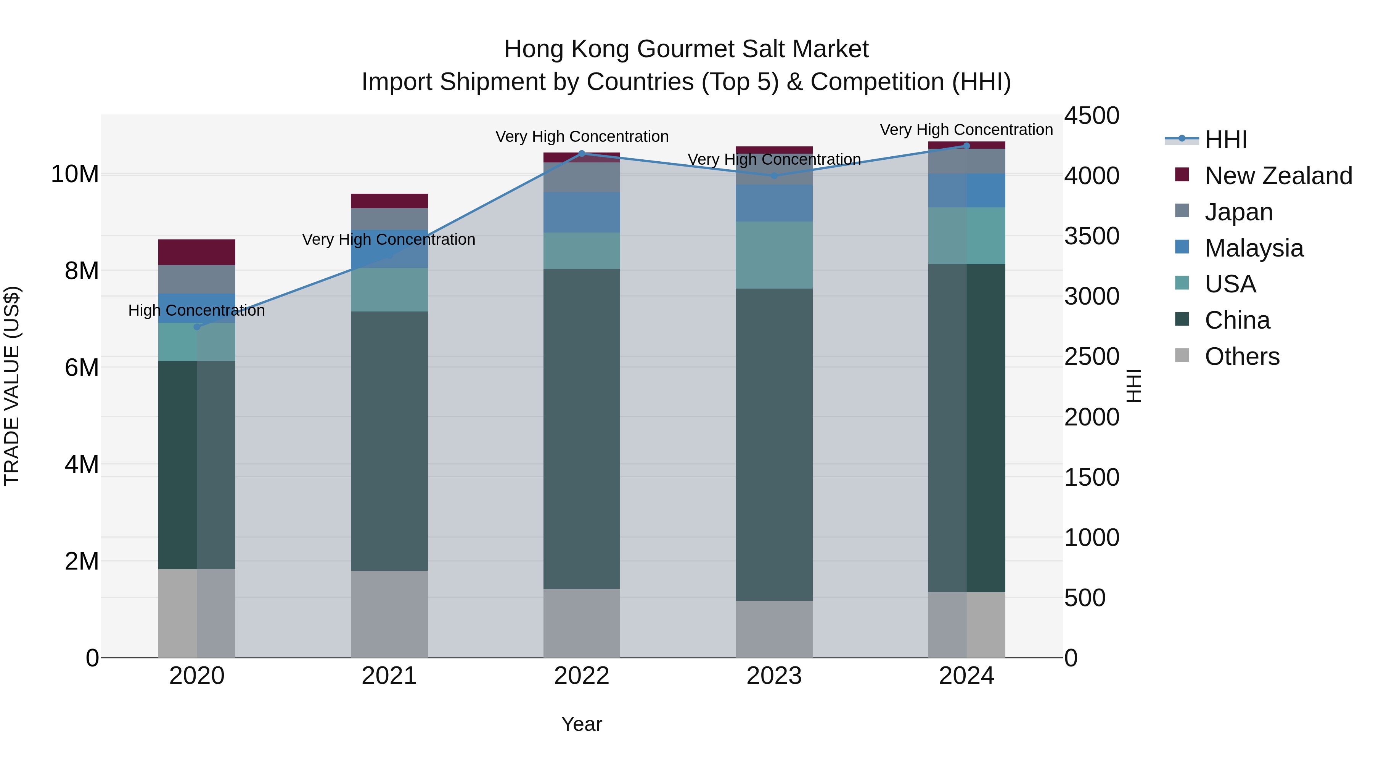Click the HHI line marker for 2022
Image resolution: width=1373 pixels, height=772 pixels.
(x=582, y=153)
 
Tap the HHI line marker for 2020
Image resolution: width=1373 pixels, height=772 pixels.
(x=197, y=327)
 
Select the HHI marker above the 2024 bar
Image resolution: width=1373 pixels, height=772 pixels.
(x=966, y=146)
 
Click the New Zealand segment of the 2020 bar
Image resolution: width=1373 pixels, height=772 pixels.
(x=197, y=252)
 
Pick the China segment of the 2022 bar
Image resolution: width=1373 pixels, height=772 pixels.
(x=582, y=429)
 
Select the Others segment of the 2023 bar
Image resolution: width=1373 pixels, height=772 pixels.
(x=774, y=629)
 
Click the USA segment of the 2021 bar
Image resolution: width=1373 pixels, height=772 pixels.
(x=389, y=289)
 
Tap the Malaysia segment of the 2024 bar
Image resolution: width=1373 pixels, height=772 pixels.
(x=966, y=190)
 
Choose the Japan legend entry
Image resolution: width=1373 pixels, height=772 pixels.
(x=1238, y=212)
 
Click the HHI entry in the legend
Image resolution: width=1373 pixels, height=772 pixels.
(x=1225, y=140)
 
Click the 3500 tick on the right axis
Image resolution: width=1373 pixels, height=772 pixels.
(x=1092, y=236)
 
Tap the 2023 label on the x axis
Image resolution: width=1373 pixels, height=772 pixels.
(x=774, y=676)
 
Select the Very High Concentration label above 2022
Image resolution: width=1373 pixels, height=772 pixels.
(x=582, y=136)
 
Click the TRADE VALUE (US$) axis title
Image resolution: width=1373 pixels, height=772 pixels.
(x=12, y=386)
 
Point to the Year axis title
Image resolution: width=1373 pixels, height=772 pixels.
(x=582, y=724)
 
